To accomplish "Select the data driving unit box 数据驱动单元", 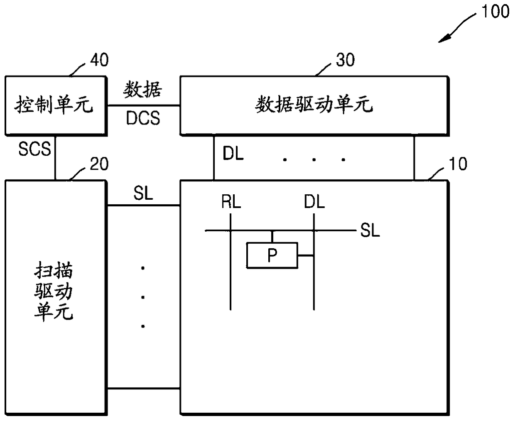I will click(x=314, y=105).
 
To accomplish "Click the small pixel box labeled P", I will click(x=272, y=255).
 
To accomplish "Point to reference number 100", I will click(x=495, y=12).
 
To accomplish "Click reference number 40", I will click(x=99, y=61).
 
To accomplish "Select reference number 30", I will click(x=345, y=61).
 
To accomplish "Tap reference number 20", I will click(x=99, y=164).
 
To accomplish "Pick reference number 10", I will click(x=458, y=164).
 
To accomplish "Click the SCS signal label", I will click(x=34, y=149).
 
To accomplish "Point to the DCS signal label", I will click(x=143, y=119).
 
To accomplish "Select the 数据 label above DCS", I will click(x=143, y=90).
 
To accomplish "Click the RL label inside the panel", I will click(x=231, y=202).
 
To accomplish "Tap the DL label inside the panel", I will click(x=314, y=202).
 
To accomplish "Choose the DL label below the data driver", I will click(x=233, y=154).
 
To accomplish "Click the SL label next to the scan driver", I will click(x=143, y=193).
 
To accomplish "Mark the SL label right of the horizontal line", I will click(x=370, y=230).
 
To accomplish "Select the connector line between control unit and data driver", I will click(x=143, y=105).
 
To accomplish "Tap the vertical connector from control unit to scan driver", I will click(x=55, y=158).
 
